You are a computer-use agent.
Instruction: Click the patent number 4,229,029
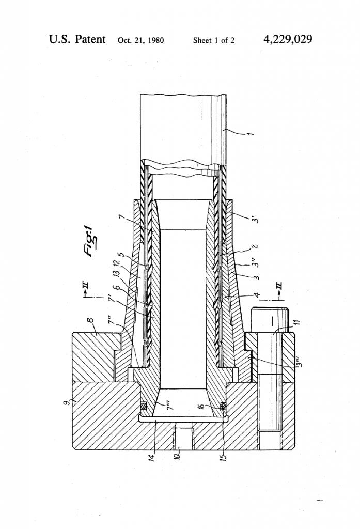point(288,39)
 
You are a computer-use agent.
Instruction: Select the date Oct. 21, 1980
point(140,40)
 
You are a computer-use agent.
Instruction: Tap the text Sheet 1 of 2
point(213,40)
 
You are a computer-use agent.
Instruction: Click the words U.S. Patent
point(77,39)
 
